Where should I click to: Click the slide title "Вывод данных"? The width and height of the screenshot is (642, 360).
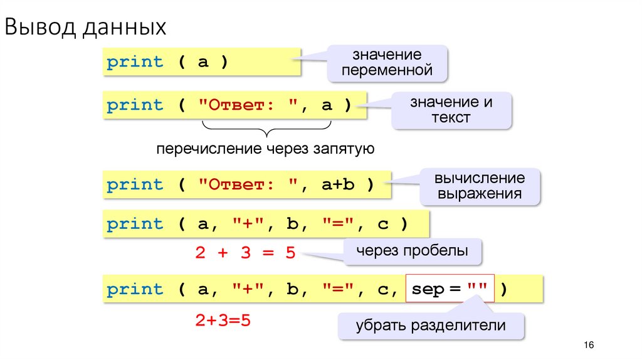point(86,27)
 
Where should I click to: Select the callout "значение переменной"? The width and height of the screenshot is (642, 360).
point(387,63)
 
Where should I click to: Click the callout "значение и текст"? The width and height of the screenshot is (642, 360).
point(451,110)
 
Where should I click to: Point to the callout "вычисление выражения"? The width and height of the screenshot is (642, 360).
point(480,186)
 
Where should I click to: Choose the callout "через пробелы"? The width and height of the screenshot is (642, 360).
point(412,251)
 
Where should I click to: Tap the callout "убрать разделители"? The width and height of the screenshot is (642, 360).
point(431,326)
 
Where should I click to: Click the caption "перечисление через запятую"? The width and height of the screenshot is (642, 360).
point(265,149)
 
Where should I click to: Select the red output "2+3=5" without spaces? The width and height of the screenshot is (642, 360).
point(223,320)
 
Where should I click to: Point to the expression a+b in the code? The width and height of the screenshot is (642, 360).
point(339,186)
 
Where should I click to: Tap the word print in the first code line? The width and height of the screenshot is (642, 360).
point(135,62)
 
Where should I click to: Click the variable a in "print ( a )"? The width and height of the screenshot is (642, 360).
point(203,62)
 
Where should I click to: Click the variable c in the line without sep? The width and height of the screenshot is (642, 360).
point(383,224)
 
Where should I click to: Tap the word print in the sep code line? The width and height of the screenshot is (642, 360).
point(135,290)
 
